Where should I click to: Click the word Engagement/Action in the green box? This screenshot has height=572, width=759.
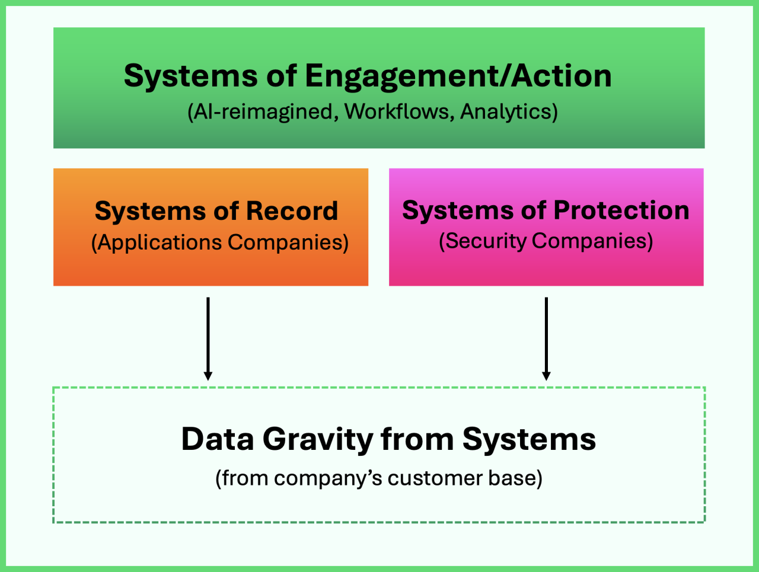tap(458, 76)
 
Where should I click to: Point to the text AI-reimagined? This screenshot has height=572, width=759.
tap(263, 111)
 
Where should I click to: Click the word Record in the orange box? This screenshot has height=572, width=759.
tap(292, 211)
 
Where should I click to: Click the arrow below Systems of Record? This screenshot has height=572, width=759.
tap(208, 338)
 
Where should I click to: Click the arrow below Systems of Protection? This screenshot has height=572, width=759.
tap(546, 338)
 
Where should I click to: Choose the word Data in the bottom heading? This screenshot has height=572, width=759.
tap(218, 439)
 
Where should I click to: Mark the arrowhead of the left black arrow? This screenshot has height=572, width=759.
tap(208, 376)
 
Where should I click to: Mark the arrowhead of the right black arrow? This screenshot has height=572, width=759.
tap(546, 376)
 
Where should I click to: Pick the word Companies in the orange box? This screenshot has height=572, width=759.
tap(288, 242)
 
